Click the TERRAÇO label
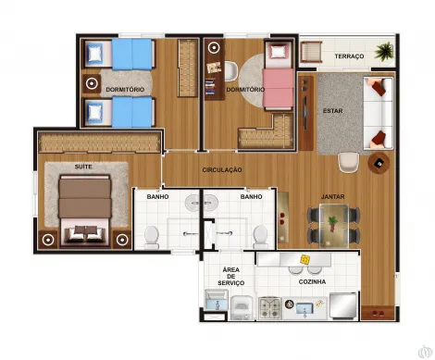[x=349, y=56]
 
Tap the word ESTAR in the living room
[x=332, y=111]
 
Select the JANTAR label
[x=332, y=196]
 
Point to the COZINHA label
[x=312, y=281]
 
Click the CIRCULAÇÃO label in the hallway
[x=222, y=169]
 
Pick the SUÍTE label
[x=83, y=167]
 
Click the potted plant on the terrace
[x=384, y=52]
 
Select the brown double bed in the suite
[x=85, y=211]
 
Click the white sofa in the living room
[x=379, y=113]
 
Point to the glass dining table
[x=334, y=226]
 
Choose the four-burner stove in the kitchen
[x=270, y=308]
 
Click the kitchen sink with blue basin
[x=304, y=309]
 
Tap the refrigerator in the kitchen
[x=343, y=305]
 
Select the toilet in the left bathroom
[x=152, y=237]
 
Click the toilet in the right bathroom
[x=260, y=237]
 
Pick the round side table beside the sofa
[x=379, y=163]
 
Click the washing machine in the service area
[x=242, y=307]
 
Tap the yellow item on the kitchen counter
[x=305, y=259]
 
